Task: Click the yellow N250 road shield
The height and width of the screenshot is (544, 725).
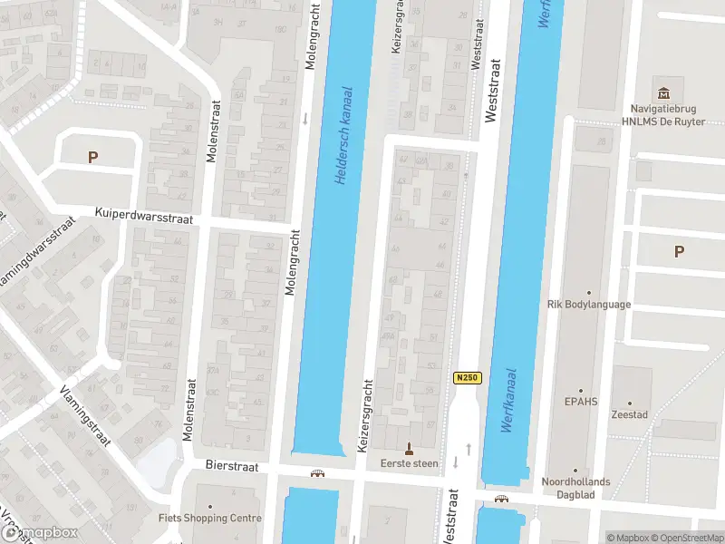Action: [467, 377]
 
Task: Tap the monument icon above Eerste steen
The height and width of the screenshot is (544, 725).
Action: [409, 448]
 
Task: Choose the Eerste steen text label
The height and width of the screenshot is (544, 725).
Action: [409, 463]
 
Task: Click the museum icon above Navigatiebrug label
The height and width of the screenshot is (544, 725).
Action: [664, 93]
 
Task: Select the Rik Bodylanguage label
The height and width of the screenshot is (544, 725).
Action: [589, 305]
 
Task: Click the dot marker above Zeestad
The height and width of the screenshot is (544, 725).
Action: [631, 403]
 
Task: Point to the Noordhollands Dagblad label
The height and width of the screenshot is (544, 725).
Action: [576, 488]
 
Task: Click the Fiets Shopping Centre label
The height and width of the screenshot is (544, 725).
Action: [209, 519]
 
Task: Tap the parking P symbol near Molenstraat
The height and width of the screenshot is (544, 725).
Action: [92, 157]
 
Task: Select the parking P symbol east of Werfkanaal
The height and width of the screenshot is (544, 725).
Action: [679, 252]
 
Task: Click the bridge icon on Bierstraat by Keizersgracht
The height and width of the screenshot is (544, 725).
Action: [317, 472]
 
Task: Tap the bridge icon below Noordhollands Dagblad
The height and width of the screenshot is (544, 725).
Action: [501, 499]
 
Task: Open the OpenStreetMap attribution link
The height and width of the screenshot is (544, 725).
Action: [683, 538]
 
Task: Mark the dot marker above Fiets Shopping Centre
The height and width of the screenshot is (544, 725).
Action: [210, 506]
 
